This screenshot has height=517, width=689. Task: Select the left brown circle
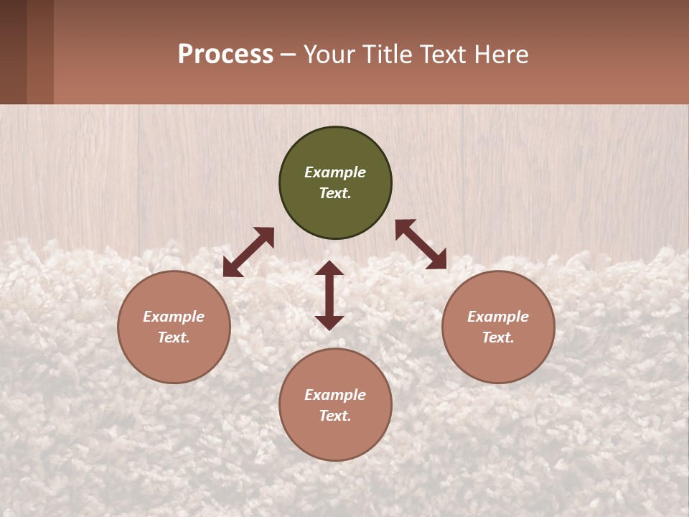click(174, 359)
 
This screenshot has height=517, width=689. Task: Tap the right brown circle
click(498, 359)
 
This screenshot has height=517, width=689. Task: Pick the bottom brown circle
click(335, 438)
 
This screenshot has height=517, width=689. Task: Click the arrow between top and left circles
click(248, 252)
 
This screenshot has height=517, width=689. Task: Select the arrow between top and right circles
click(421, 244)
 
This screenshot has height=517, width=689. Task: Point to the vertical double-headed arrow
click(329, 295)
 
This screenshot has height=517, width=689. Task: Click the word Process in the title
click(225, 54)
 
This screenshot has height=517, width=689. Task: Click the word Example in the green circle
click(335, 172)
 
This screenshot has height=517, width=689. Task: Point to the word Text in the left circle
click(173, 337)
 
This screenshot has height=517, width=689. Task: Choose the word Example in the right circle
click(498, 317)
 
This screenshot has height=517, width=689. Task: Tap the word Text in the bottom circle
click(334, 416)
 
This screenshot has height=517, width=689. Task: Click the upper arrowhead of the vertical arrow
click(329, 268)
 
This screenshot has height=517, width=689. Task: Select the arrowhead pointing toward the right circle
click(437, 261)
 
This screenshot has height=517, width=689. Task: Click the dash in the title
click(289, 55)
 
